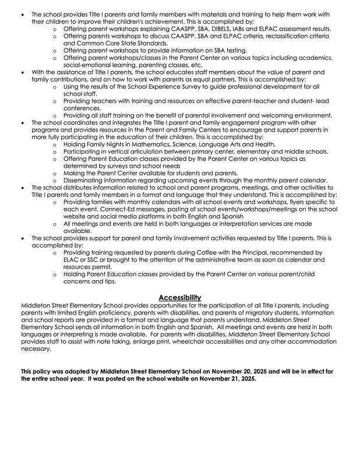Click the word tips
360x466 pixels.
[119, 281]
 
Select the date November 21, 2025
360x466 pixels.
[222, 379]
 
